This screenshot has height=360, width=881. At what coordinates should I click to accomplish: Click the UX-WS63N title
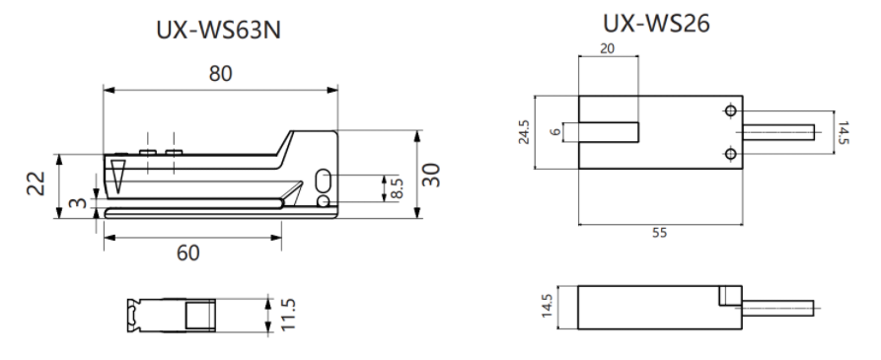219,31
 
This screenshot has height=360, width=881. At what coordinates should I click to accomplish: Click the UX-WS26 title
656,24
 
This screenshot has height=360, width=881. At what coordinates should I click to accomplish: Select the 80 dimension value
220,74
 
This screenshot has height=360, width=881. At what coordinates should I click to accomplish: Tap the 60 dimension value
188,253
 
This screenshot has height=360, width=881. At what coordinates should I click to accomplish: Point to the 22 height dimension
37,183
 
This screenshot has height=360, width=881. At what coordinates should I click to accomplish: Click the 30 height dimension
431,175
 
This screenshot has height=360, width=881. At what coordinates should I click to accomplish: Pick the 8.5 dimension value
397,187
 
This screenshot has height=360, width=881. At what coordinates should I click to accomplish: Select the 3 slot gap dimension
80,203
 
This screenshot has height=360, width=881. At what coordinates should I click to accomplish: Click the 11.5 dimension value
287,315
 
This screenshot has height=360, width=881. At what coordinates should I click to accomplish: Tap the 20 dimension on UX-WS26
607,49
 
